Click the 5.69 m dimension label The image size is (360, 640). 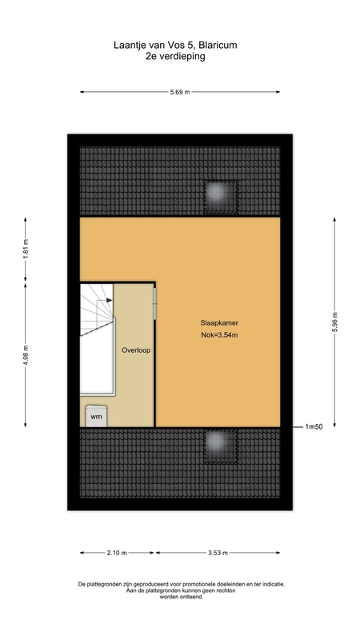click(179, 92)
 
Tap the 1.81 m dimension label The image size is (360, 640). click(26, 250)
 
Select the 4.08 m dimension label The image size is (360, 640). click(26, 355)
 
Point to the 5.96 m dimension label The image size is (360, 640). click(334, 322)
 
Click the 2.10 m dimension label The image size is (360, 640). click(117, 553)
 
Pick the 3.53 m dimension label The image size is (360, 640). click(218, 553)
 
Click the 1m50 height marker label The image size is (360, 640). click(314, 427)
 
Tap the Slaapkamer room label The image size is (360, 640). click(219, 323)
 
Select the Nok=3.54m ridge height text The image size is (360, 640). click(219, 335)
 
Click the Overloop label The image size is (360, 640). click(136, 350)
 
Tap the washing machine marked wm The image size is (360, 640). click(96, 416)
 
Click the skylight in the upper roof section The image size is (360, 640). click(221, 197)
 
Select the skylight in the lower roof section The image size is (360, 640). click(221, 446)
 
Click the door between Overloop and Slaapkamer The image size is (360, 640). click(154, 304)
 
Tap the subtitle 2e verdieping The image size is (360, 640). click(175, 56)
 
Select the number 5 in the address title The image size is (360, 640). click(190, 45)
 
